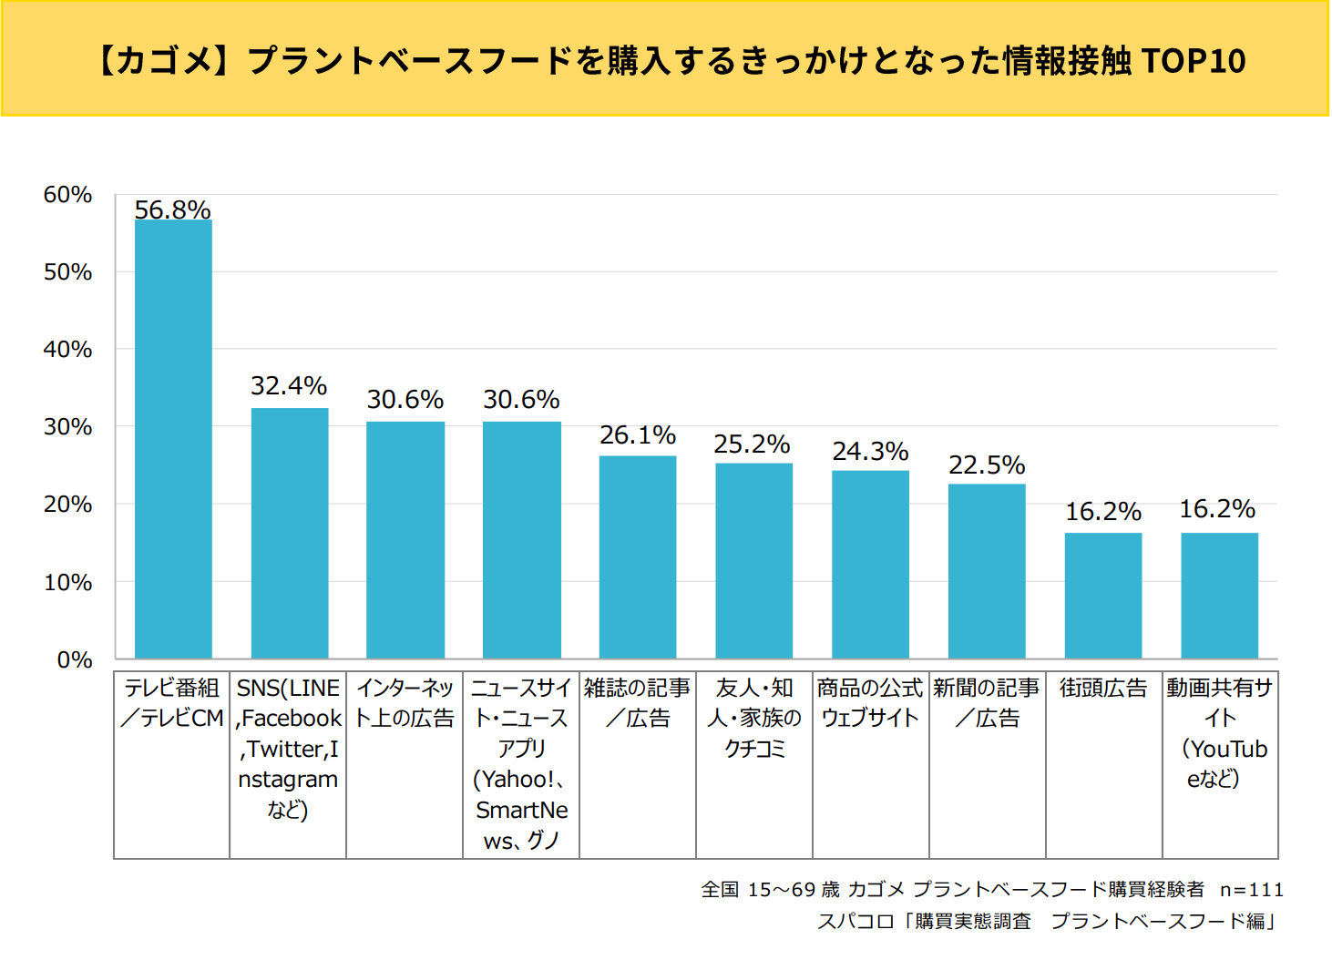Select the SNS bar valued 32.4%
(x=290, y=533)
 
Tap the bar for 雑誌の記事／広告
(x=638, y=557)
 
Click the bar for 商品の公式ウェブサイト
(x=870, y=564)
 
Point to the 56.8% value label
(x=173, y=209)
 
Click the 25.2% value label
(x=752, y=444)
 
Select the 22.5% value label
(x=987, y=465)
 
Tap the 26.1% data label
(x=638, y=435)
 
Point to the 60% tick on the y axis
(x=67, y=195)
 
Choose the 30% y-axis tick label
(x=67, y=427)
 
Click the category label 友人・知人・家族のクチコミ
(x=754, y=718)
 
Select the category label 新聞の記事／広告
(x=987, y=703)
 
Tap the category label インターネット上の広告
(x=405, y=703)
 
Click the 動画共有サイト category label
(x=1220, y=732)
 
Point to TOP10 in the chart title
(x=1193, y=60)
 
